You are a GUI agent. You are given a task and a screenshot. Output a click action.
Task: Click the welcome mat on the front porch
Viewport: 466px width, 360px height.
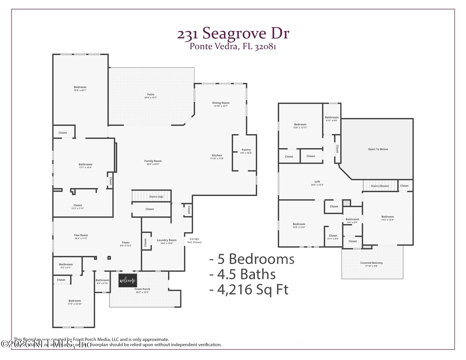[x=128, y=280]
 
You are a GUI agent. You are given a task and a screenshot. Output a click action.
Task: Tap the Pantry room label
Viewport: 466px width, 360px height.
[x=246, y=150]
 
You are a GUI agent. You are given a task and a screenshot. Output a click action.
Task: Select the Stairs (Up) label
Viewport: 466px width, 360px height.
[x=156, y=197]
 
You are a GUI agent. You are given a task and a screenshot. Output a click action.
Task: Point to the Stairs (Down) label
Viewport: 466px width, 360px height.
[x=380, y=186]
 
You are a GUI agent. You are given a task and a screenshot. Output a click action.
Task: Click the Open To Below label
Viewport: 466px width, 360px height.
[x=378, y=149]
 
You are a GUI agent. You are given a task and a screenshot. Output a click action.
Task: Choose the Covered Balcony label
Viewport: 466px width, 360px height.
[x=371, y=263]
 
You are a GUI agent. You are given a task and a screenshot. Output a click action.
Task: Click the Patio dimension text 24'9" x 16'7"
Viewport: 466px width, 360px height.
[x=151, y=98]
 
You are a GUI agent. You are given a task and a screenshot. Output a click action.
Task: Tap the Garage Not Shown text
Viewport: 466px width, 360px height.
[x=194, y=241]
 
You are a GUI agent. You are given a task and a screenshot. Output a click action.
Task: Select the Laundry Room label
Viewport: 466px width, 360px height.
[x=167, y=240]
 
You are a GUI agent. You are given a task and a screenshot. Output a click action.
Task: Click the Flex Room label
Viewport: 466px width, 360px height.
[x=81, y=235]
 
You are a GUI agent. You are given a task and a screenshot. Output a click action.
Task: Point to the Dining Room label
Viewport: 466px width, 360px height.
[x=221, y=103]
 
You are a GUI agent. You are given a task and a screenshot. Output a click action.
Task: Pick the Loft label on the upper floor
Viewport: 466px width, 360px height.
[x=317, y=181]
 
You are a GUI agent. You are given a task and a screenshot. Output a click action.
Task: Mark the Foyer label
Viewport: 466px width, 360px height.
[x=126, y=242]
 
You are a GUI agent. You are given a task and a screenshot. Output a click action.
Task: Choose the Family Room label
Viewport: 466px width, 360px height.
[x=153, y=161]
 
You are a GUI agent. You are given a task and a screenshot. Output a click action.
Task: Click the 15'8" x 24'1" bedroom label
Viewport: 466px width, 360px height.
[x=80, y=90]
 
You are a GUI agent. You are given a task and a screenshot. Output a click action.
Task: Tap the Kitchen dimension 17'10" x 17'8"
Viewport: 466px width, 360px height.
[x=217, y=159]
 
